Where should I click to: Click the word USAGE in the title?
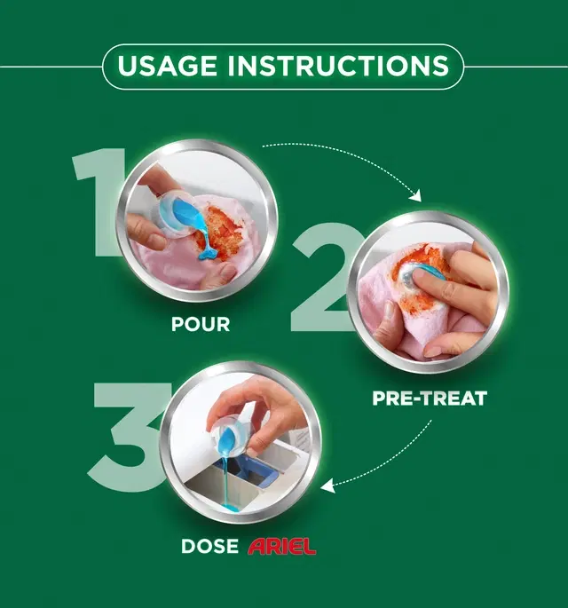(167, 66)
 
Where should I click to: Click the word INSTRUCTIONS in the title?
(339, 66)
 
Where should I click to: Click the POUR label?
(201, 324)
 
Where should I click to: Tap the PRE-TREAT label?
(430, 399)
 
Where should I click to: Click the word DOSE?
(209, 547)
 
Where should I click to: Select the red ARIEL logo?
(282, 547)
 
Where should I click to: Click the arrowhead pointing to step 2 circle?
(416, 196)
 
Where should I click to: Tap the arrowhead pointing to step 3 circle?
(327, 486)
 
